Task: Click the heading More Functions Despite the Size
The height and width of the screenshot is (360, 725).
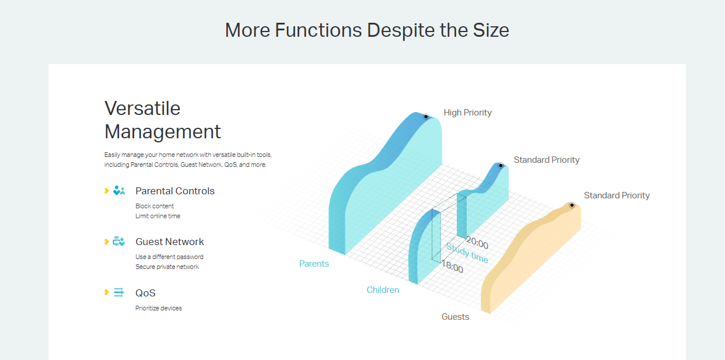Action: (x=367, y=30)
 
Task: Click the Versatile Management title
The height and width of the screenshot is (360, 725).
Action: (x=163, y=120)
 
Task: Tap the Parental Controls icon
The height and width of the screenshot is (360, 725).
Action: (x=119, y=191)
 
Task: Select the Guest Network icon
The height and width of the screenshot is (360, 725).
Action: (x=119, y=242)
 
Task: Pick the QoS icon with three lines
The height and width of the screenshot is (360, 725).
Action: (x=119, y=293)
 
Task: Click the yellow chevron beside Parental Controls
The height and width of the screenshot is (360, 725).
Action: (x=107, y=191)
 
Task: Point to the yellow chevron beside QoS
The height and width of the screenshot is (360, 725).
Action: (x=107, y=292)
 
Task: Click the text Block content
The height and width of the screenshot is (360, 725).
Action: (x=155, y=206)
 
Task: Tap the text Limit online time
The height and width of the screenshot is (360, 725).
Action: (x=157, y=216)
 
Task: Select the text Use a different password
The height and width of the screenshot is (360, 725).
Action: (x=169, y=257)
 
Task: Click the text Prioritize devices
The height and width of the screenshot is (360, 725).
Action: (x=159, y=308)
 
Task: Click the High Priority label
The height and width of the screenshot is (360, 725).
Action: (x=467, y=113)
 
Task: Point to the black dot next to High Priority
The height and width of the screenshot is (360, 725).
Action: (x=426, y=117)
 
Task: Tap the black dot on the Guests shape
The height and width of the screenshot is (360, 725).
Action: (x=572, y=205)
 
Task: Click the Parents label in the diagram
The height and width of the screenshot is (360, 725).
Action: (x=314, y=264)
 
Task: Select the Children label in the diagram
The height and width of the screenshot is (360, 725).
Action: (x=383, y=290)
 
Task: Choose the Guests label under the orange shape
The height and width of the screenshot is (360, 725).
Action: (x=455, y=317)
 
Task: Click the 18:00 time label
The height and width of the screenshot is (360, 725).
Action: (x=453, y=268)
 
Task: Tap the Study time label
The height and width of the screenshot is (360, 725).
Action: (x=467, y=253)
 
